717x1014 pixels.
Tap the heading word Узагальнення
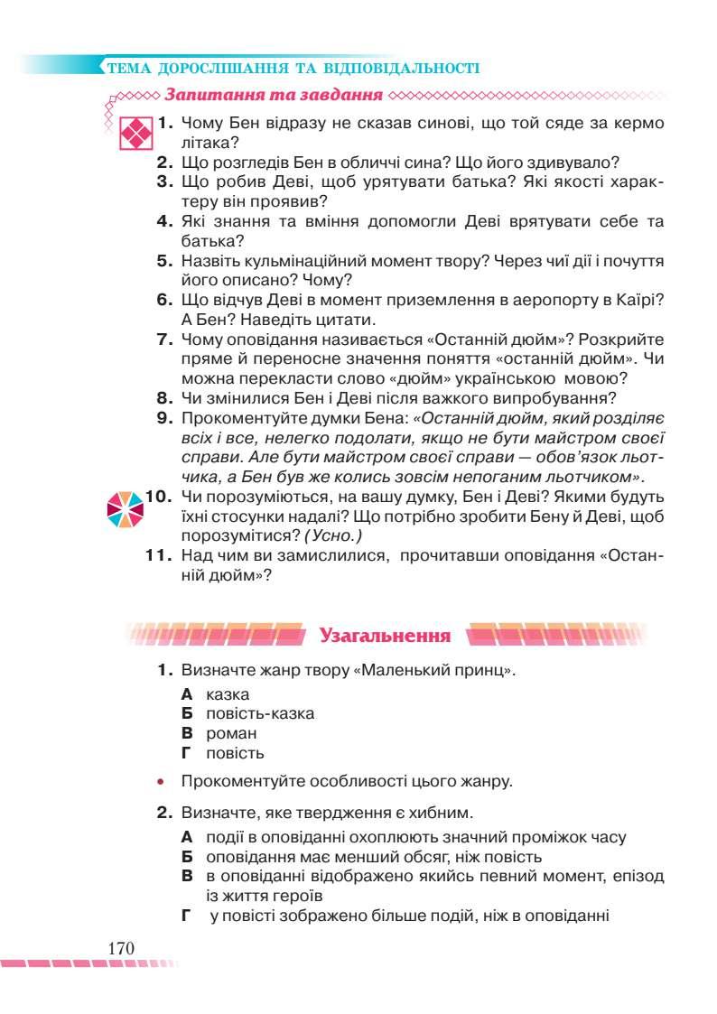(x=385, y=636)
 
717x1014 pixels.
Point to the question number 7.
(x=164, y=340)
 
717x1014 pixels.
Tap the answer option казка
(x=228, y=694)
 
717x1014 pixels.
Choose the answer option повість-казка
(x=260, y=713)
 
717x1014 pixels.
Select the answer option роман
(x=231, y=733)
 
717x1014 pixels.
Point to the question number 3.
(x=164, y=181)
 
